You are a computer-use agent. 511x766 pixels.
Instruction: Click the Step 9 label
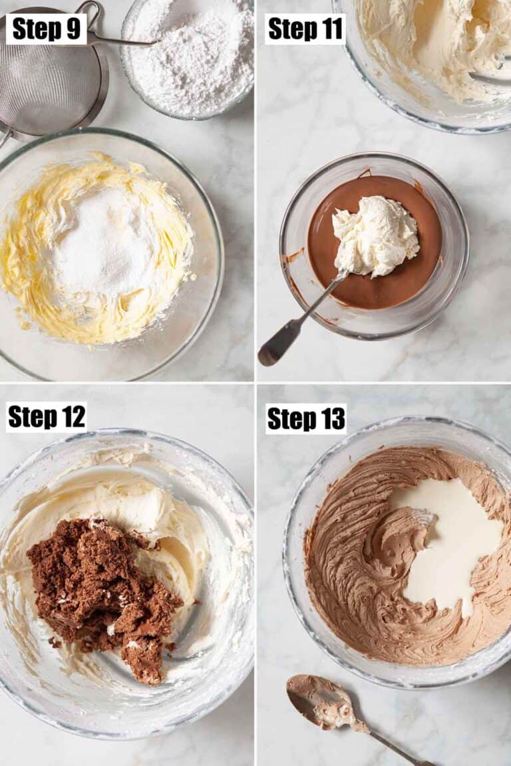pos(47,29)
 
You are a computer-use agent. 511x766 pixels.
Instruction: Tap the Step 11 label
pos(305,29)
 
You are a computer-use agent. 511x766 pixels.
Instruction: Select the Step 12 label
pos(47,417)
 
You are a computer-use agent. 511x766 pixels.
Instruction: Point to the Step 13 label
pos(306,419)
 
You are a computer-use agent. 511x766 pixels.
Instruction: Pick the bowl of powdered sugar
pos(188,56)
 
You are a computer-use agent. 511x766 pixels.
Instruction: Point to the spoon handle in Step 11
pos(298,322)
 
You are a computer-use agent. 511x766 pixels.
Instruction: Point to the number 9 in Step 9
pos(73,29)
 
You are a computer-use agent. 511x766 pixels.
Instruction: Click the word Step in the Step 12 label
pos(33,417)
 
